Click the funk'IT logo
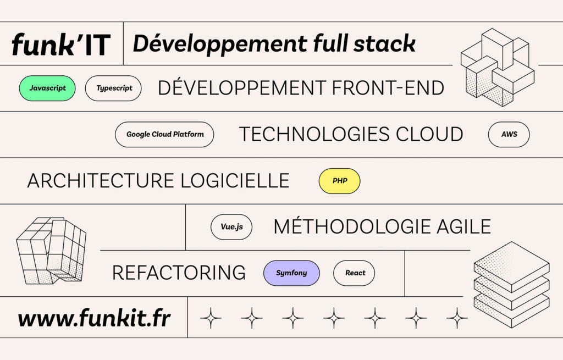[61, 44]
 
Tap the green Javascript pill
[47, 88]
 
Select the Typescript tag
[113, 88]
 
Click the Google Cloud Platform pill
[164, 134]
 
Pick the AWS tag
[509, 134]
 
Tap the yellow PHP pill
[340, 180]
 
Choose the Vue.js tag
[231, 227]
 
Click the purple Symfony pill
[291, 273]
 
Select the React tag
[355, 273]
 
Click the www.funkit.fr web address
[95, 318]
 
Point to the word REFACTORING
[179, 273]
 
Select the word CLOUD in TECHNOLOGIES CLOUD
[429, 134]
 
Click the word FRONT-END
[388, 88]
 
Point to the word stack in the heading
[384, 43]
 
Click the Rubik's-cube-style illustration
[51, 250]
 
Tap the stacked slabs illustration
[512, 284]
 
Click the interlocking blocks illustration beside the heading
[498, 68]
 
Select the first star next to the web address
[211, 318]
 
